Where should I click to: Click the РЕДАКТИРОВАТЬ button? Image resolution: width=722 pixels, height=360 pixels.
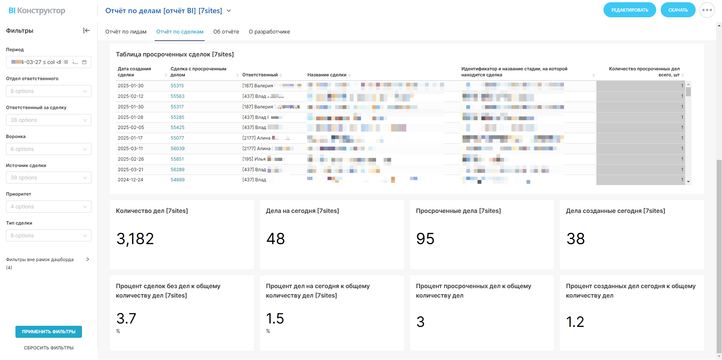tap(629, 10)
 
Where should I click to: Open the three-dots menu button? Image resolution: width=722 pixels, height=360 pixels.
tap(707, 10)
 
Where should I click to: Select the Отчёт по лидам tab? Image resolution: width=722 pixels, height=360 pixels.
tap(126, 32)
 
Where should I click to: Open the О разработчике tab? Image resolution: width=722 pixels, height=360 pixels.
tap(269, 32)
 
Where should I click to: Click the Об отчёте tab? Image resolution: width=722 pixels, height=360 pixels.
tap(226, 32)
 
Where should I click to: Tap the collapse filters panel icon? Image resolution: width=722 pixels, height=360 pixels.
tap(87, 30)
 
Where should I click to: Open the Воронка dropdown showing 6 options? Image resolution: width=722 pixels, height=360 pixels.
tap(49, 149)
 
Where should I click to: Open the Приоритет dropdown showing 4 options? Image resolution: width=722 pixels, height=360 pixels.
tap(49, 207)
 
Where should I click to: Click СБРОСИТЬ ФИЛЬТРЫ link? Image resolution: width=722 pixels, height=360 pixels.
tap(49, 348)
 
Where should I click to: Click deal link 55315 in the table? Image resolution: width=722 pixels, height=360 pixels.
tap(177, 86)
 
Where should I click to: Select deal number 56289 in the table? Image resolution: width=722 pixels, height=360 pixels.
tap(178, 170)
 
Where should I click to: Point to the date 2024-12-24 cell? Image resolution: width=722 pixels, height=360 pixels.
tap(130, 180)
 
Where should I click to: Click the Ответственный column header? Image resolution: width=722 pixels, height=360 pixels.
tap(260, 75)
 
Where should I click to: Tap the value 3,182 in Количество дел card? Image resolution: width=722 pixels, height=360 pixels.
tap(135, 239)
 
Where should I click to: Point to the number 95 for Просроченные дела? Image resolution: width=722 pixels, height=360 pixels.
tap(425, 239)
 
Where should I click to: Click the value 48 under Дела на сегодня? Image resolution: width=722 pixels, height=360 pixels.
tap(275, 239)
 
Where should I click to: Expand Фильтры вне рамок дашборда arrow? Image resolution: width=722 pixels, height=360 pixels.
tap(88, 259)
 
